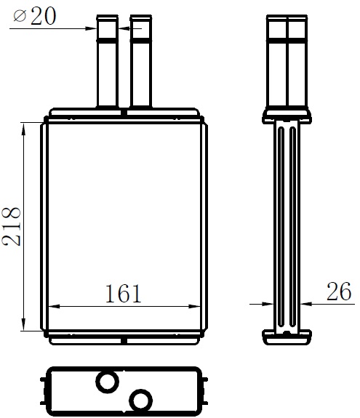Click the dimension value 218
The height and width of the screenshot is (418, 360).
[11, 226]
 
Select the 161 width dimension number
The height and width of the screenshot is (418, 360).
[123, 294]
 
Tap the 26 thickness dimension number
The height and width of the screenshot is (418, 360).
[339, 291]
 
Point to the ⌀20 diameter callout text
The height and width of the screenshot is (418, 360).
[35, 16]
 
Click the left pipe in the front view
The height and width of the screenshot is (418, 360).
[107, 61]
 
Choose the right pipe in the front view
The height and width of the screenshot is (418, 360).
[141, 61]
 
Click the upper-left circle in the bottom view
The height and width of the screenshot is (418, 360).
[107, 382]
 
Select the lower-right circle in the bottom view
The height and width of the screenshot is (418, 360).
[140, 400]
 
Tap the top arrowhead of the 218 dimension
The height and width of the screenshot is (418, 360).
[23, 129]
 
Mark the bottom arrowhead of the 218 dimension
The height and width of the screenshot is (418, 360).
[23, 324]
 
